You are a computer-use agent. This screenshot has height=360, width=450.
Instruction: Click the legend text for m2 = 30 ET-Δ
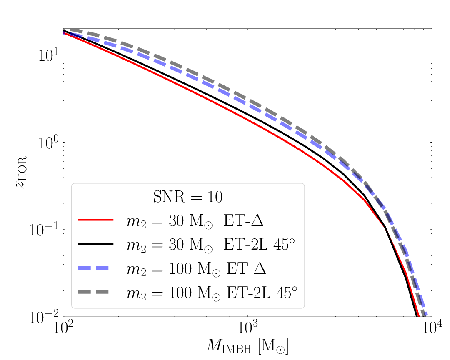coord(196,221)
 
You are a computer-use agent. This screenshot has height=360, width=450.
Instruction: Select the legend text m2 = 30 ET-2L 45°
coord(212,245)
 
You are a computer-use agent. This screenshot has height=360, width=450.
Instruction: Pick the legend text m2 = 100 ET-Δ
coord(196,269)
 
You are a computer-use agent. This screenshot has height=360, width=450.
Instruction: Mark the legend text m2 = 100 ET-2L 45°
coord(212,293)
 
